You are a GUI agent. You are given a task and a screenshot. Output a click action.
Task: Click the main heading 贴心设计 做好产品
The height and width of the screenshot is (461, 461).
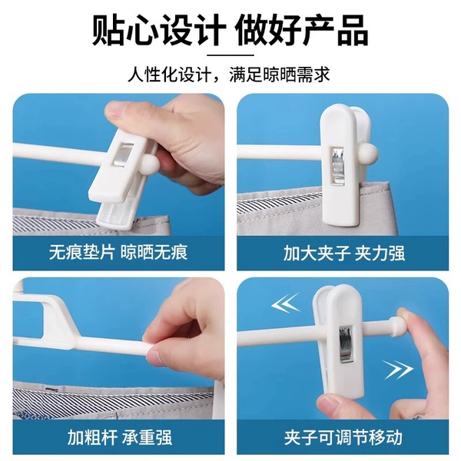tap(230, 31)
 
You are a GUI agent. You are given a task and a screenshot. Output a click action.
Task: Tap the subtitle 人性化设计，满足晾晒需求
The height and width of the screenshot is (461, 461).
tap(229, 75)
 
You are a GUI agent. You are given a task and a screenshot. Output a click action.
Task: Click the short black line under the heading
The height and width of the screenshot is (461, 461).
tap(230, 55)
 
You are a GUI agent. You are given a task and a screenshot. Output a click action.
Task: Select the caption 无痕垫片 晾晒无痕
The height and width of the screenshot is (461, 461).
tap(118, 252)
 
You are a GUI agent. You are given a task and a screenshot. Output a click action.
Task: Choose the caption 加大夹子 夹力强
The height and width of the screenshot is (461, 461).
tap(344, 254)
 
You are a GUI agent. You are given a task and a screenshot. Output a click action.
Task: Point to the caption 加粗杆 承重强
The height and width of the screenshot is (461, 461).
tap(120, 437)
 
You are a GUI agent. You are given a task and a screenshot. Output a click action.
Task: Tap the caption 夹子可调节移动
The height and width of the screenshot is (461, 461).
tap(343, 437)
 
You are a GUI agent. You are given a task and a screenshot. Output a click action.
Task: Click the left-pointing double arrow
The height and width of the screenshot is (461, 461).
tap(285, 303)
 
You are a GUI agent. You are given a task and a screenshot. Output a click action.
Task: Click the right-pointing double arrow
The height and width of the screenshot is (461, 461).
tap(399, 369)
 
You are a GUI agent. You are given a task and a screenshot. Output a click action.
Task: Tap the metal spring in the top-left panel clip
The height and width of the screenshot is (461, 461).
tap(123, 155)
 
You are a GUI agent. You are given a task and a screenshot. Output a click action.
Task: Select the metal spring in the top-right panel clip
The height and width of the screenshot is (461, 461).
tap(337, 166)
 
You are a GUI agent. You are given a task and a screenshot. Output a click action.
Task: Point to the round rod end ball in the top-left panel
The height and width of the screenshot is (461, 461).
tap(150, 164)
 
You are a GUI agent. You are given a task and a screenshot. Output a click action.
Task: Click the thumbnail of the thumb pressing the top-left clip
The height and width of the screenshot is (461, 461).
tap(114, 111)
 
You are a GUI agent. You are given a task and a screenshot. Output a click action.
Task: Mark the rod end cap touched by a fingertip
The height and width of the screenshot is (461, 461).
tap(396, 325)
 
